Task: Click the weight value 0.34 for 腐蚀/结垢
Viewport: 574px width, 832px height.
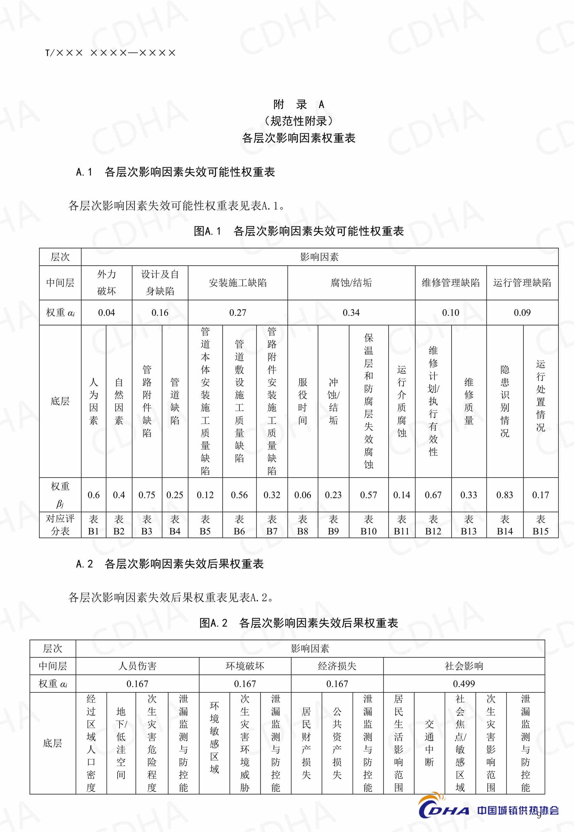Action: [351, 313]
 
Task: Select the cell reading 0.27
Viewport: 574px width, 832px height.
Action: [238, 313]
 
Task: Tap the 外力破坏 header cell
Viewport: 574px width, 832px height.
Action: [106, 283]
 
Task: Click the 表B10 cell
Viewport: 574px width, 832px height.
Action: [368, 525]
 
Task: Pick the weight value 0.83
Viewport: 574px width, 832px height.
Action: [505, 495]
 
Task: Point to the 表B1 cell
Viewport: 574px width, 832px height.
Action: [93, 525]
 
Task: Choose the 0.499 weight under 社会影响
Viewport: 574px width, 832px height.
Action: [464, 683]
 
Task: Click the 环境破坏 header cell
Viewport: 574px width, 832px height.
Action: [245, 666]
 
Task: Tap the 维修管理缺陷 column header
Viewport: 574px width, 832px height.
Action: [451, 283]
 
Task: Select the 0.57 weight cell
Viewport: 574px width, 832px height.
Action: [368, 495]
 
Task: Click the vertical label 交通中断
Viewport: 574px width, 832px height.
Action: [429, 743]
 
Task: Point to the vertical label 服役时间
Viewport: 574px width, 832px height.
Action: [302, 401]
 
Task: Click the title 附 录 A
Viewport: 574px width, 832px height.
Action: [299, 104]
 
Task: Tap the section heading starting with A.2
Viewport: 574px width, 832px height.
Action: [170, 564]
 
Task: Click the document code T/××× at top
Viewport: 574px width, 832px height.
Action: [110, 53]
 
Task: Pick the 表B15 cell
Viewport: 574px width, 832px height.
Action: [540, 525]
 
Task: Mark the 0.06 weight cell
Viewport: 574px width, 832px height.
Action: [302, 495]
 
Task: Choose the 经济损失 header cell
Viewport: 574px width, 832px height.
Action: [337, 666]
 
